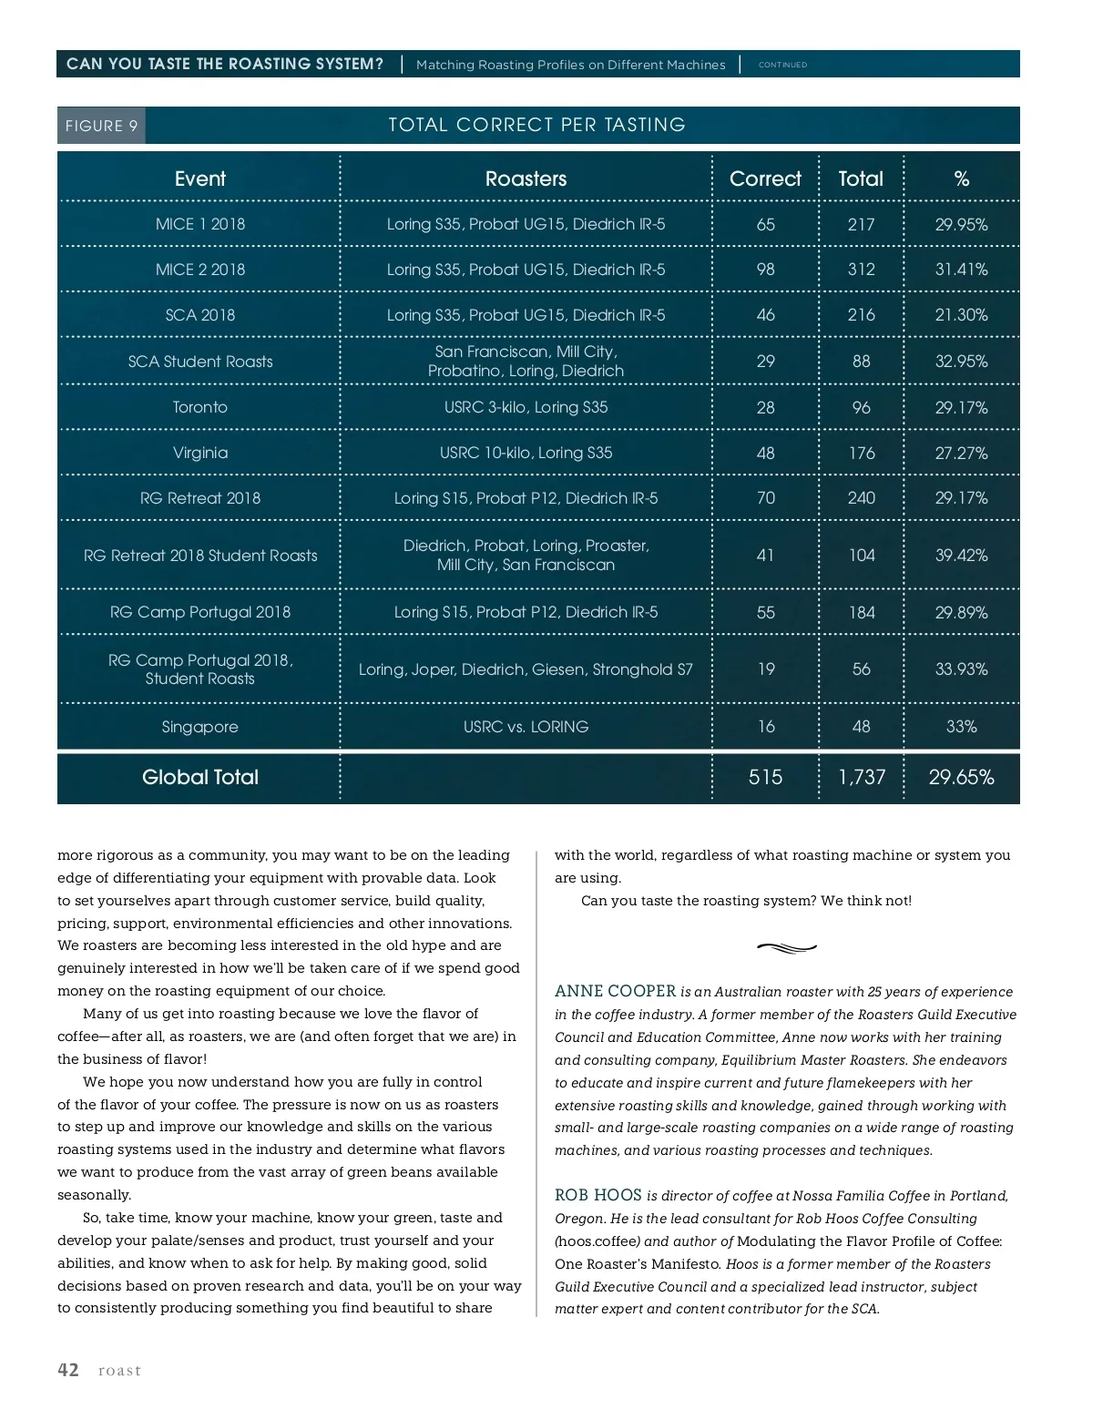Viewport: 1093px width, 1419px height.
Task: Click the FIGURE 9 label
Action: click(x=101, y=126)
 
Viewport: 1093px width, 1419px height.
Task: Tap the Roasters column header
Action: click(x=526, y=179)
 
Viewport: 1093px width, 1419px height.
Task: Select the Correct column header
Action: click(x=765, y=179)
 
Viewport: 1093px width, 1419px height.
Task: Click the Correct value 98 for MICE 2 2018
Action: click(x=765, y=270)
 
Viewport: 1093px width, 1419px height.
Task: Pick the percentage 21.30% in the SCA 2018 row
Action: click(x=961, y=315)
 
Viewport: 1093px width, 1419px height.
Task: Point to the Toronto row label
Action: click(x=200, y=407)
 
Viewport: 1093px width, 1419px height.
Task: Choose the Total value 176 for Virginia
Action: click(x=861, y=453)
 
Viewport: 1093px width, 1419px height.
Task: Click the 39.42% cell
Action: click(x=961, y=556)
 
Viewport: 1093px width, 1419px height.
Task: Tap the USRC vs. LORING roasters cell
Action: click(x=526, y=727)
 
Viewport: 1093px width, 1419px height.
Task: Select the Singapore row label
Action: click(x=200, y=727)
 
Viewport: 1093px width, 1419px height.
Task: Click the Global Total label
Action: click(x=200, y=777)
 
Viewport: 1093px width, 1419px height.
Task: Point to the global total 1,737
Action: click(x=861, y=777)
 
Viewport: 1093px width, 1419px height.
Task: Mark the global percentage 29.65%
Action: click(x=961, y=777)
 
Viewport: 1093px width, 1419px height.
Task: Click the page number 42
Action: click(x=68, y=1370)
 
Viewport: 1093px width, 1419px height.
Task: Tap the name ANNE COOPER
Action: click(x=615, y=991)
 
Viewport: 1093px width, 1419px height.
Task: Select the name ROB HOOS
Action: click(x=598, y=1195)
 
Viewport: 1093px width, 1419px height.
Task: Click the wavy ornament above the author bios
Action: click(x=787, y=948)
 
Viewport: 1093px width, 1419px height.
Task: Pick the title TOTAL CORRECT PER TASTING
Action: click(x=536, y=125)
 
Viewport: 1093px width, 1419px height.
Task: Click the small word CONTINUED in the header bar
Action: click(x=782, y=65)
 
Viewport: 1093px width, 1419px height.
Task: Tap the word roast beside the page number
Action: click(x=120, y=1371)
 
